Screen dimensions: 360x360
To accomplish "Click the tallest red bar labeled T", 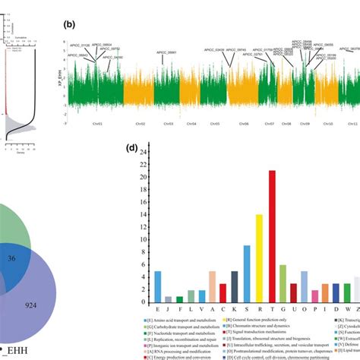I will click(272, 236).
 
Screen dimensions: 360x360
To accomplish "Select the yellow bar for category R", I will click(259, 257).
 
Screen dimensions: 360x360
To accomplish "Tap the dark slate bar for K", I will click(235, 286).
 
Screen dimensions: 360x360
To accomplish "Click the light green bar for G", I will click(283, 283).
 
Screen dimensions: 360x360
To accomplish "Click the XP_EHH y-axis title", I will click(62, 74).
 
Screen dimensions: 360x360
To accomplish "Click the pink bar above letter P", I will click(325, 292).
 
